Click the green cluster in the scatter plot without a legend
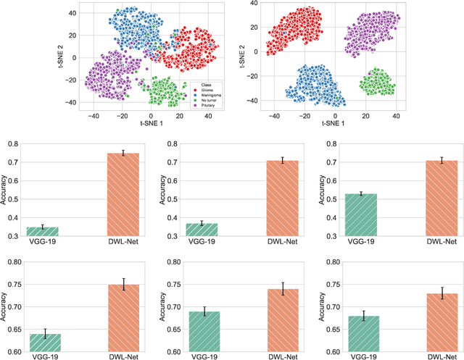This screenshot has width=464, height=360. (378, 82)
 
